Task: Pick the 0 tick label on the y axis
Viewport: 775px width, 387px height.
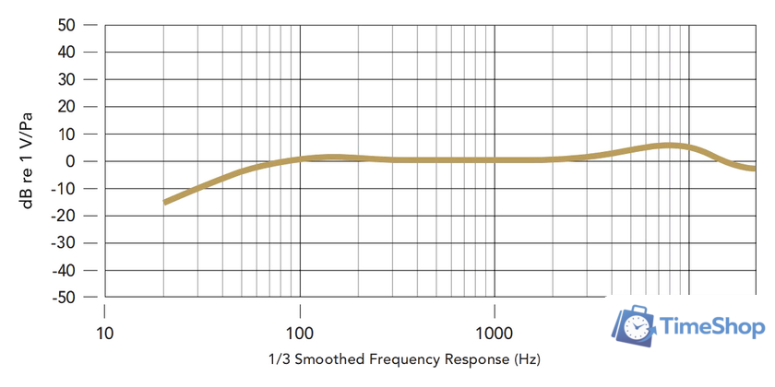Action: click(x=69, y=161)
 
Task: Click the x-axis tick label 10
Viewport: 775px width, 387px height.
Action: click(x=104, y=333)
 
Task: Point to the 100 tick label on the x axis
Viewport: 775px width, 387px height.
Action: click(x=300, y=333)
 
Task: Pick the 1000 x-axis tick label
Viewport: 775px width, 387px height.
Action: click(x=495, y=333)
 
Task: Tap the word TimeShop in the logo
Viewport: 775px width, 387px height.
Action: click(x=713, y=327)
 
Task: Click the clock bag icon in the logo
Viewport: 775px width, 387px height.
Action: click(x=635, y=327)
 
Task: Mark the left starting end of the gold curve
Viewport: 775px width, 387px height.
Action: click(x=165, y=202)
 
